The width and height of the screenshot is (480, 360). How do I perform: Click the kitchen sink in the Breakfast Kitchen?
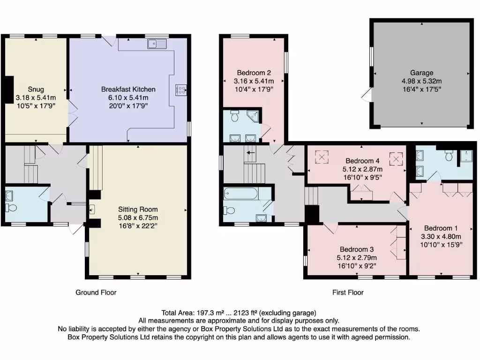(x=157, y=44)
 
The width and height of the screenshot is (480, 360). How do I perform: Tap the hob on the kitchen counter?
(x=180, y=90)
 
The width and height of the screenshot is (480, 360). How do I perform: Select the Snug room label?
(x=36, y=89)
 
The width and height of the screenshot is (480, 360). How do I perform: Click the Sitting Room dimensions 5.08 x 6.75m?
(x=138, y=217)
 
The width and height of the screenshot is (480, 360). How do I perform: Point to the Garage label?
(x=421, y=73)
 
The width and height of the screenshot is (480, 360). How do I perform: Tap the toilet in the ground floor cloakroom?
(x=11, y=207)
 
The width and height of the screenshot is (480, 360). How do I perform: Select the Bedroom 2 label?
(x=254, y=73)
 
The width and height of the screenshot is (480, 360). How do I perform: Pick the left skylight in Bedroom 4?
(x=322, y=156)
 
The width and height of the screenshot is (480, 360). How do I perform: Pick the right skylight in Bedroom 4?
(x=396, y=159)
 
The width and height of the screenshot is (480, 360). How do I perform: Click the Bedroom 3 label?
(x=357, y=249)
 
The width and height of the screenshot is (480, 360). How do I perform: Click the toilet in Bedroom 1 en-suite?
(x=449, y=156)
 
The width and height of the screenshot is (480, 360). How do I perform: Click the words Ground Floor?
(x=96, y=292)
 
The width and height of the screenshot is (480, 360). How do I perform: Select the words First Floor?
(x=348, y=292)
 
